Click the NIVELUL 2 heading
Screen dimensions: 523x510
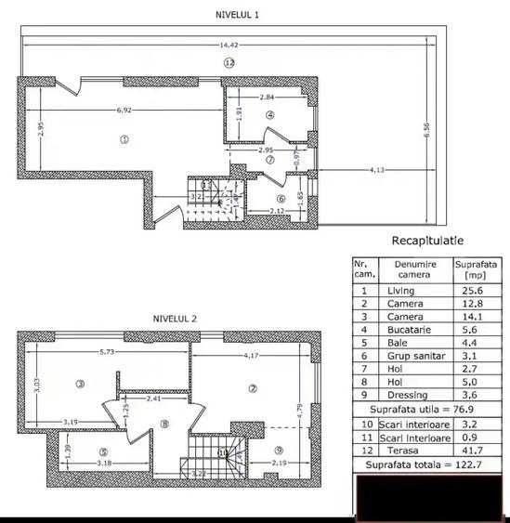click(x=174, y=318)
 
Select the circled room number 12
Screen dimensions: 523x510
click(x=229, y=62)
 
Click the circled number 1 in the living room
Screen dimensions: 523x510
click(x=124, y=140)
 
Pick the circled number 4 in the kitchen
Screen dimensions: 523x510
click(x=270, y=115)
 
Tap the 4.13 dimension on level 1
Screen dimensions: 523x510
click(x=377, y=169)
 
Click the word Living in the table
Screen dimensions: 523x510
click(x=400, y=291)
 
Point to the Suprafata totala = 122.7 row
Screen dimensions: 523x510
click(x=426, y=464)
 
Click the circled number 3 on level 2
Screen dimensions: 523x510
click(x=81, y=384)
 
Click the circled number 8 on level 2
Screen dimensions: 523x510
click(x=164, y=425)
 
